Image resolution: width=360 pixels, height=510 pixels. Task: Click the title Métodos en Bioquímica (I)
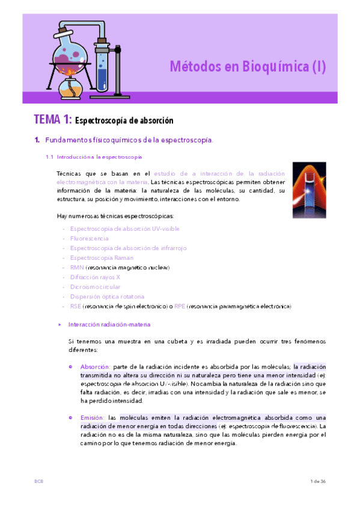click(247, 66)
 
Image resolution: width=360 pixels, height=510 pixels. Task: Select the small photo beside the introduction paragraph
click(309, 186)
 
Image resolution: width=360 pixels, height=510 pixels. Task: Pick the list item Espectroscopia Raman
click(102, 257)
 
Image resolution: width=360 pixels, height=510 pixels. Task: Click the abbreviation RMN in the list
click(77, 267)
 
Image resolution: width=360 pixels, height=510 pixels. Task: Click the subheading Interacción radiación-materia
click(109, 324)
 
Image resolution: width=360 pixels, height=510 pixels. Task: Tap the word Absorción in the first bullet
click(95, 366)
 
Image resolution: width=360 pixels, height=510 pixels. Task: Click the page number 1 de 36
click(317, 482)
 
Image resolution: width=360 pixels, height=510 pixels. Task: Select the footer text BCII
click(38, 482)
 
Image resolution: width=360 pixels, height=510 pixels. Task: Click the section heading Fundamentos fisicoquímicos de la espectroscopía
click(129, 140)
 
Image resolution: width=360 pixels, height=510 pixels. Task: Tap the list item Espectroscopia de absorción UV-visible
click(124, 229)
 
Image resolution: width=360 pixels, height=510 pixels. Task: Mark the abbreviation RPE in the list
click(179, 306)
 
